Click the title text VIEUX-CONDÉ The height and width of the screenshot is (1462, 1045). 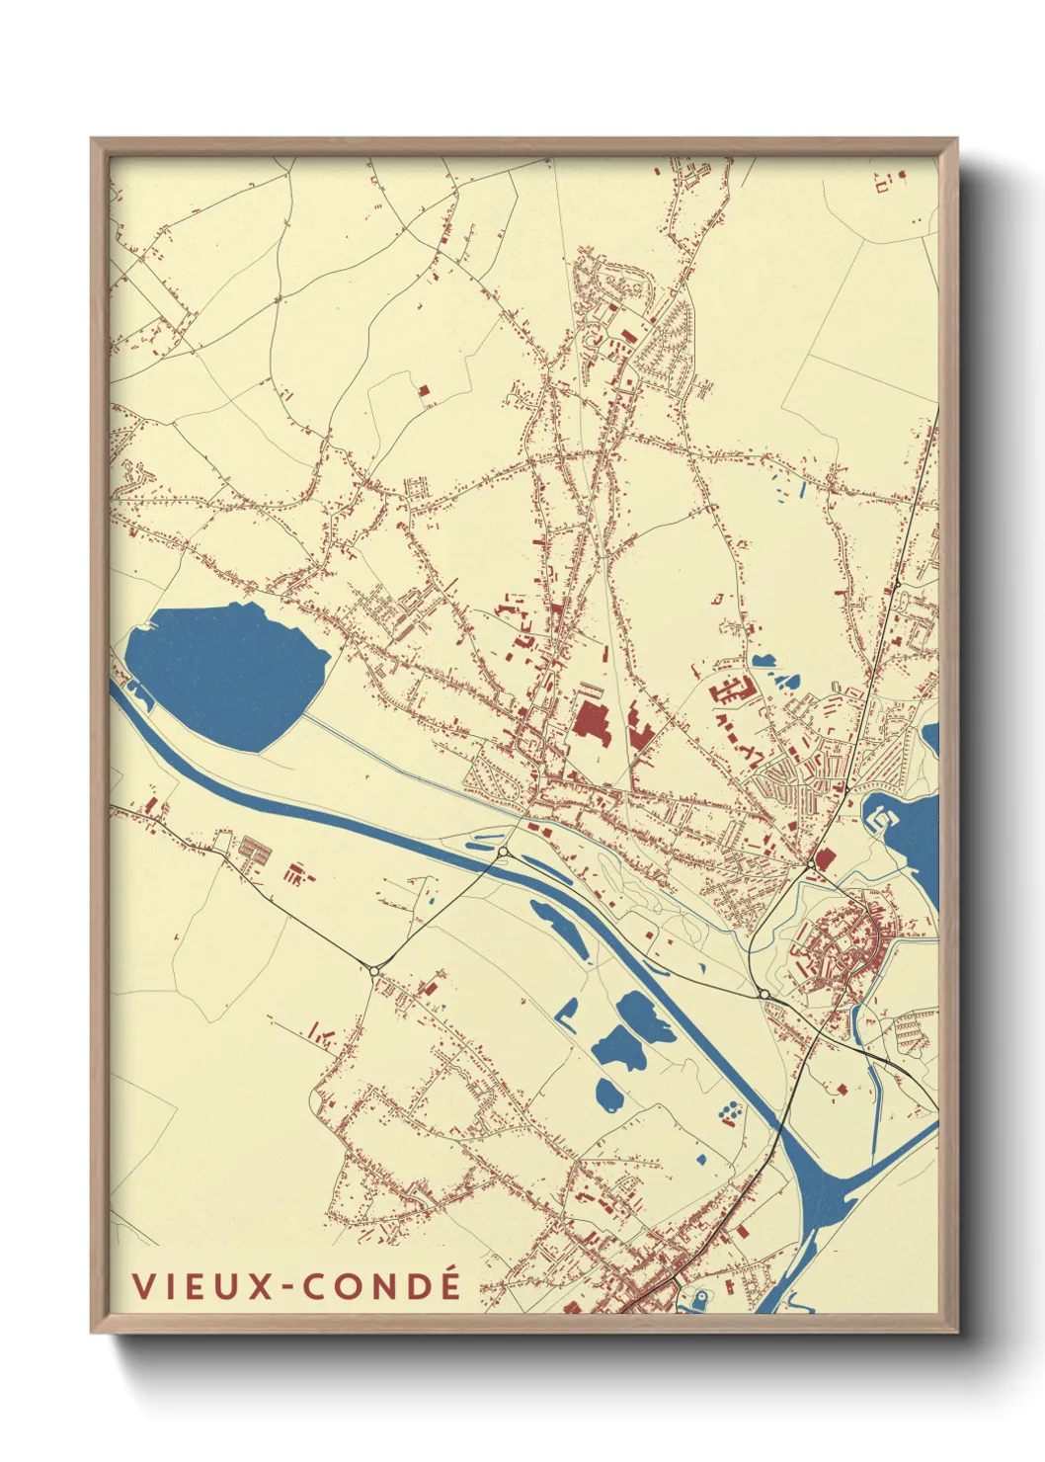click(x=296, y=1286)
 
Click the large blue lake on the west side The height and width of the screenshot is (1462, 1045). click(x=222, y=674)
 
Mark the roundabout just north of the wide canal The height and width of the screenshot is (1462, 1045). click(x=503, y=852)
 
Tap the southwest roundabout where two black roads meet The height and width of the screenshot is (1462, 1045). click(x=374, y=971)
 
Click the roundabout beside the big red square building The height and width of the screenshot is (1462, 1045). click(x=811, y=865)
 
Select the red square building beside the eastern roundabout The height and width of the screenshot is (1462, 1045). click(x=824, y=859)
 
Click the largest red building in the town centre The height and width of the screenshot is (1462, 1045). click(x=593, y=731)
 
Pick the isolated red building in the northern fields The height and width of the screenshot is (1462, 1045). click(x=426, y=395)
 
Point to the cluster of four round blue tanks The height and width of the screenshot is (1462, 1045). click(x=729, y=1113)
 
